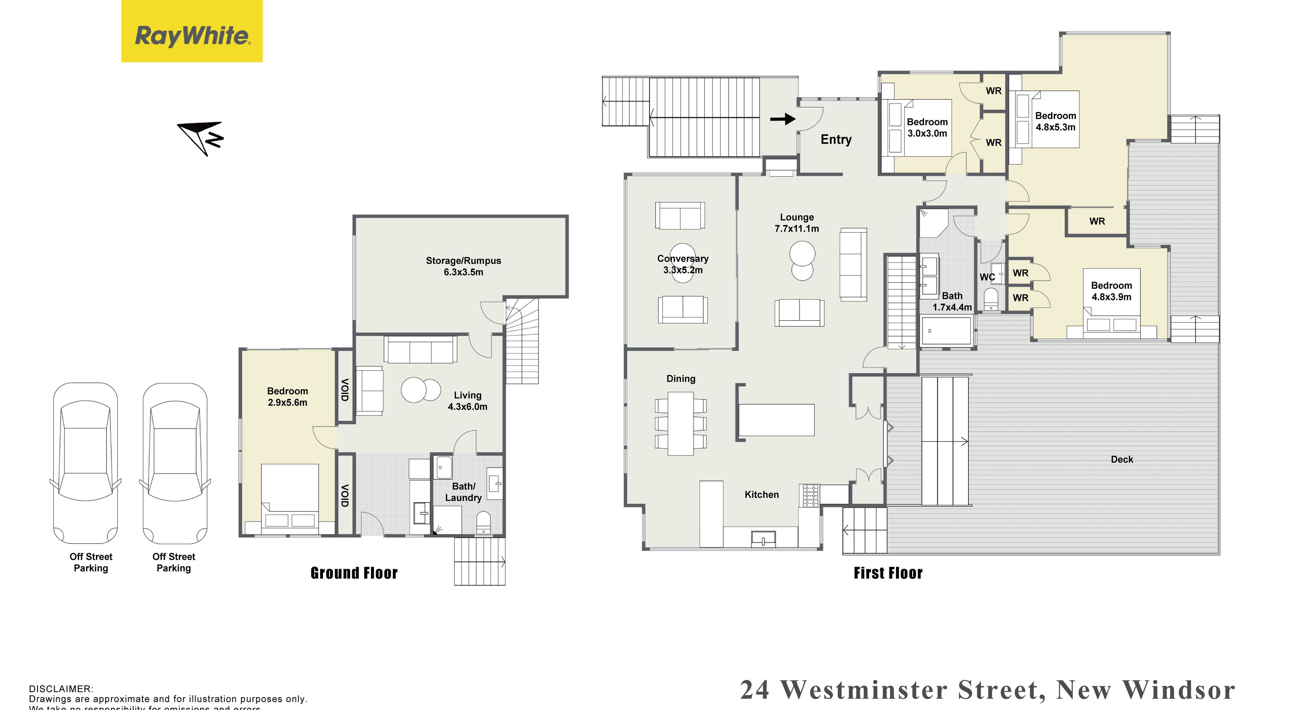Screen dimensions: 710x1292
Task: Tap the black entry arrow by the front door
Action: click(x=782, y=119)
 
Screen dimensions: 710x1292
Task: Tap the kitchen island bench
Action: click(x=776, y=420)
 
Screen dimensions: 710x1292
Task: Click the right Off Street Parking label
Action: click(x=173, y=562)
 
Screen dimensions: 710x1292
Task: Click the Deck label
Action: click(x=1122, y=459)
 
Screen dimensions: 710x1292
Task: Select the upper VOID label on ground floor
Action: click(x=344, y=389)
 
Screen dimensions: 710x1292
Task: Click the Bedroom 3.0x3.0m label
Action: click(x=927, y=127)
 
